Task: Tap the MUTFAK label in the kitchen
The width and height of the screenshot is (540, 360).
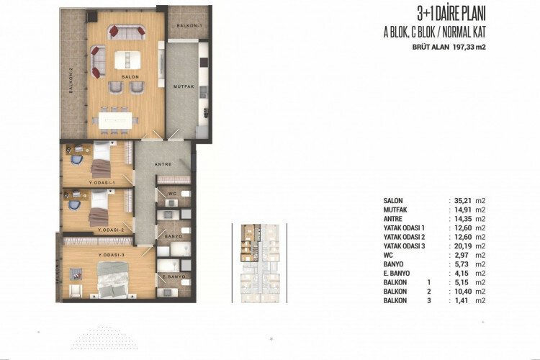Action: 184,86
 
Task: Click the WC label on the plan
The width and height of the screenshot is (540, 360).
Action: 173,193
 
